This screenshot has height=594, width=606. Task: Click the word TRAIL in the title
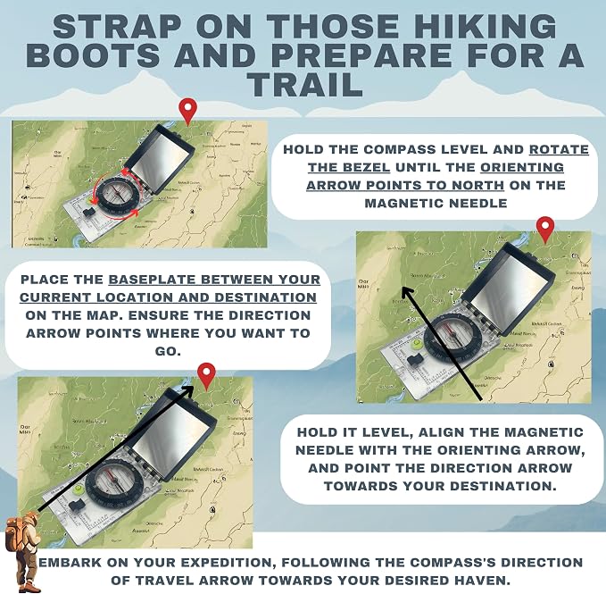coord(305,85)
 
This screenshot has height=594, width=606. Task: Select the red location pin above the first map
coord(187,112)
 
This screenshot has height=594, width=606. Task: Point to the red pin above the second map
coord(545,230)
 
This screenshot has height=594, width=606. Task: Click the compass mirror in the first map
coord(161,159)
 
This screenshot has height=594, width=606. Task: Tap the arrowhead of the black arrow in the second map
coord(407,292)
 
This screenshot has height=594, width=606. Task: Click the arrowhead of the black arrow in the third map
coord(187,390)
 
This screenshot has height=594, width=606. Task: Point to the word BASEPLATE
coord(153,280)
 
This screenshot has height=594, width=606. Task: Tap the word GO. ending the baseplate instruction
coord(168,351)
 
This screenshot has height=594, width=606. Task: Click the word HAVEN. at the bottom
coord(477,580)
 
